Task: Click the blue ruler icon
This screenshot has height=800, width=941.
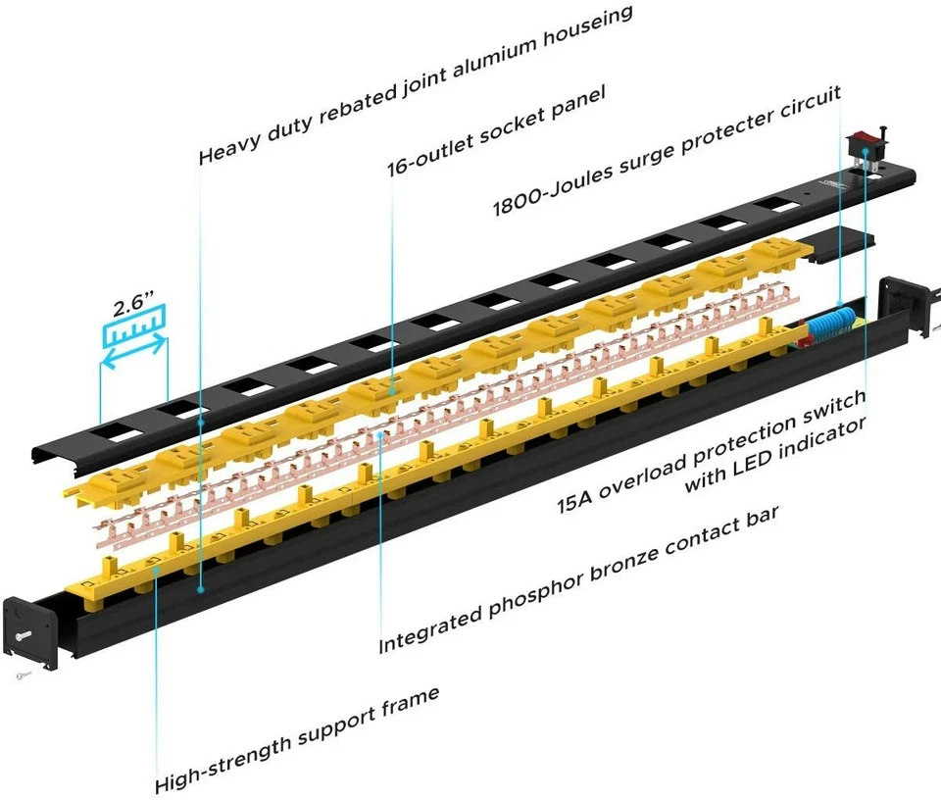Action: coord(133,331)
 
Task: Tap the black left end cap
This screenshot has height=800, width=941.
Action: coord(30,628)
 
